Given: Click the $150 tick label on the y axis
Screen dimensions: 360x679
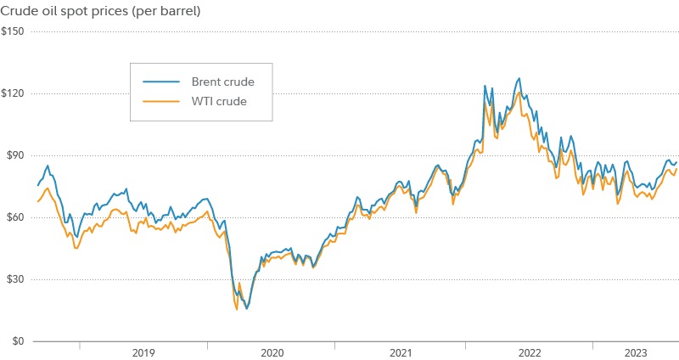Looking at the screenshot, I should [14, 31].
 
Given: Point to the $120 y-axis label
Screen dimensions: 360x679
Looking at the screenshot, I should [14, 93].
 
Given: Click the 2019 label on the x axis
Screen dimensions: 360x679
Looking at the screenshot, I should [143, 352].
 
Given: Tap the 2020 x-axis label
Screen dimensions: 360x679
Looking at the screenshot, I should [272, 352].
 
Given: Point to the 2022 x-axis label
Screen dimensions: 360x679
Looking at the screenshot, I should [529, 352].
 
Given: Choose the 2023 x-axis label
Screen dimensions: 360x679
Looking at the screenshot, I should [635, 352].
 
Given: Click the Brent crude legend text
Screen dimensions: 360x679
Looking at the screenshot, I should [223, 82].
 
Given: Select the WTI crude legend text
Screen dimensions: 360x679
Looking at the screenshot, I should [219, 102].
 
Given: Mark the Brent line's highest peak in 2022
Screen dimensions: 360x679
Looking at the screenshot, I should [519, 78].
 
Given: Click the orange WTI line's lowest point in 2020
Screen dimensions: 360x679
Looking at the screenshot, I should [237, 309].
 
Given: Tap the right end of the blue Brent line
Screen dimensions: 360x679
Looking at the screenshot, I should [676, 161].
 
